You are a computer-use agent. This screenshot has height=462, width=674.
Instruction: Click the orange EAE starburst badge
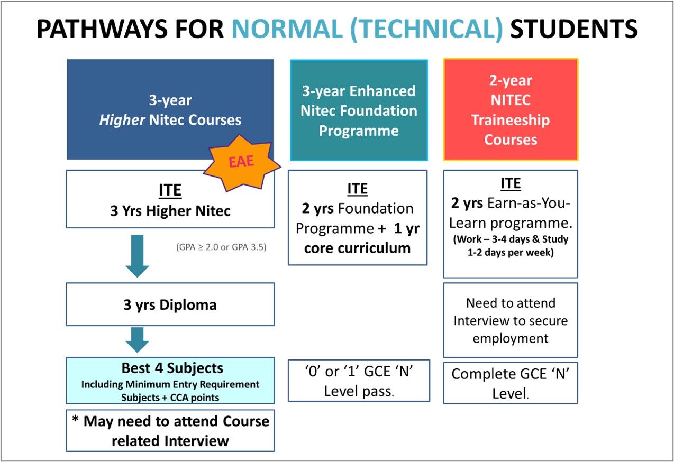(242, 163)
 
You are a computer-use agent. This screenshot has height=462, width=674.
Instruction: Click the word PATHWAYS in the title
(102, 29)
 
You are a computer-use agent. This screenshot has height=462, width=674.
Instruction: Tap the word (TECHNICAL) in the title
(426, 30)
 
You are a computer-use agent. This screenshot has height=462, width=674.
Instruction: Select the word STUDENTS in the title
(574, 29)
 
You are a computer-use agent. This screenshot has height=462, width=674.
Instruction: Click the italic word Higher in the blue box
(122, 120)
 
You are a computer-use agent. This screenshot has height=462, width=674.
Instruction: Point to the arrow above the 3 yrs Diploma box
(137, 256)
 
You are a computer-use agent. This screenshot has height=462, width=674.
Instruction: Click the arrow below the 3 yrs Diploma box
(137, 340)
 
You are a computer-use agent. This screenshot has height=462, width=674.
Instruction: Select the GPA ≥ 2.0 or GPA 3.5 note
(221, 247)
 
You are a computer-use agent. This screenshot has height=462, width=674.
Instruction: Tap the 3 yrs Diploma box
(170, 304)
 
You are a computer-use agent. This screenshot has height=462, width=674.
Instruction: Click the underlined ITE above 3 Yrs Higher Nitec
(170, 191)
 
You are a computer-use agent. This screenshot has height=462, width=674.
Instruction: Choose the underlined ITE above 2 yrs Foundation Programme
(358, 189)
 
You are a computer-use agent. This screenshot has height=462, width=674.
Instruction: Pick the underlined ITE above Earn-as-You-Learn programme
(511, 184)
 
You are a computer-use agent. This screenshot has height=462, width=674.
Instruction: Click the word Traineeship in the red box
(511, 120)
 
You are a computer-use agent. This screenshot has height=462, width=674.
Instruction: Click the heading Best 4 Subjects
(172, 368)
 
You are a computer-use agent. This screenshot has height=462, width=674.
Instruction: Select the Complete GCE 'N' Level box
(511, 383)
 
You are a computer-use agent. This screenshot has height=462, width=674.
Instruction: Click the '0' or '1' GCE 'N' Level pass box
(359, 381)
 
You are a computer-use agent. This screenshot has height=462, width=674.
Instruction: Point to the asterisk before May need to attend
(75, 419)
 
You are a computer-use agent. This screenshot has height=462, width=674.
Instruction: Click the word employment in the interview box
(511, 339)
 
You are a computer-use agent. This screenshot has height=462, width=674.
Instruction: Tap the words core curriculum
(358, 248)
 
